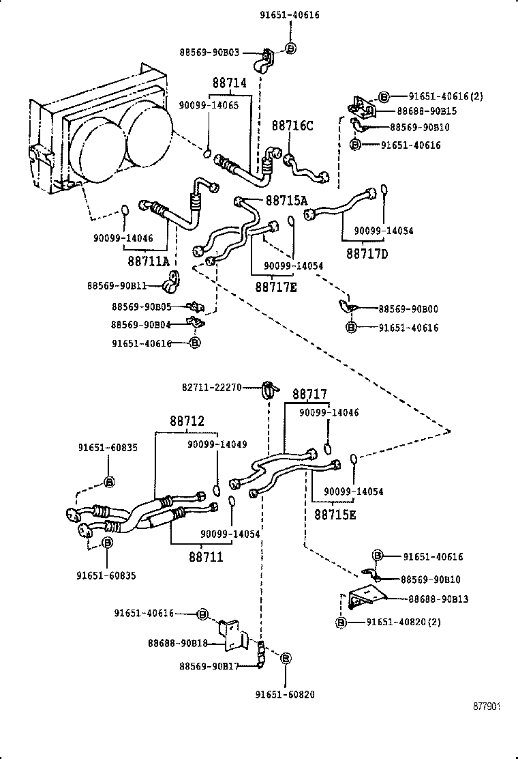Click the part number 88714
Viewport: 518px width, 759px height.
pos(229,83)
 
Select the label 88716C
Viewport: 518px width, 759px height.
pos(292,126)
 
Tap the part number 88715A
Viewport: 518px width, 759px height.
pos(286,201)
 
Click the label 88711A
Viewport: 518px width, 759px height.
pos(149,261)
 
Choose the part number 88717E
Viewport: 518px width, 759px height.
pos(276,287)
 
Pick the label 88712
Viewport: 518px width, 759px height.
pos(187,422)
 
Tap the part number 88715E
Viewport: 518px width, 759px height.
pos(335,514)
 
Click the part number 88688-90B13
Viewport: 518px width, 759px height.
pos(438,599)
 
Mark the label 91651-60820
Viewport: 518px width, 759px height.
pos(285,695)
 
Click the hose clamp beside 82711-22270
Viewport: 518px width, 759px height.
pos(269,390)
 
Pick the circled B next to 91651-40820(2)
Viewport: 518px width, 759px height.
pos(341,622)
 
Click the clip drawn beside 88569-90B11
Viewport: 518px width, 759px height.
pos(170,280)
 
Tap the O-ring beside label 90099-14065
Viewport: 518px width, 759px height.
pos(209,152)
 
